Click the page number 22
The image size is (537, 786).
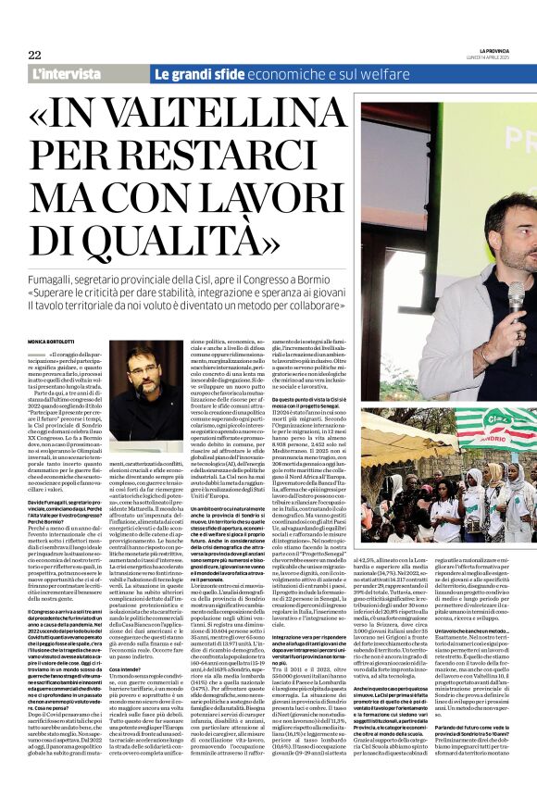point(34,54)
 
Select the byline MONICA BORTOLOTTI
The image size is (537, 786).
point(55,343)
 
